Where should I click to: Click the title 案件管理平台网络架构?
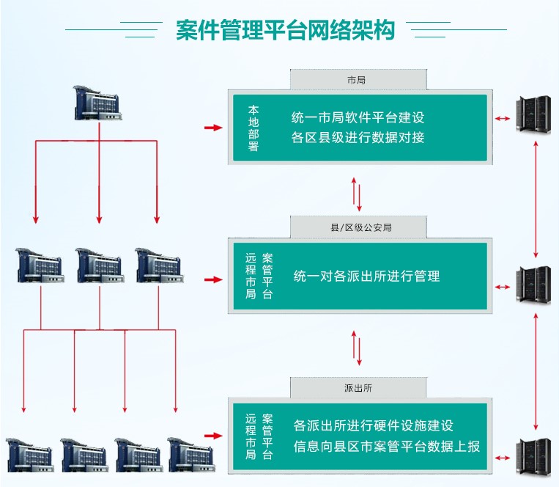click(286, 30)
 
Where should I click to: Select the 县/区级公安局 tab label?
click(357, 227)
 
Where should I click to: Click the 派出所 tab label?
click(357, 387)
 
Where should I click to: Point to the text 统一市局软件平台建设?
click(358, 117)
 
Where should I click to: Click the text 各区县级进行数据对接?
click(358, 137)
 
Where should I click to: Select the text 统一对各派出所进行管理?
click(366, 277)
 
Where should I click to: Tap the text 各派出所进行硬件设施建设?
click(373, 425)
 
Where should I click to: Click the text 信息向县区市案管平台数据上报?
click(386, 445)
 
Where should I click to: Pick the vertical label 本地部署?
click(253, 128)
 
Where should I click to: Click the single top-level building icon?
click(97, 102)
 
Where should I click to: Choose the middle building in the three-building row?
click(99, 265)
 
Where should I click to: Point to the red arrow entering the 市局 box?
click(212, 128)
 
